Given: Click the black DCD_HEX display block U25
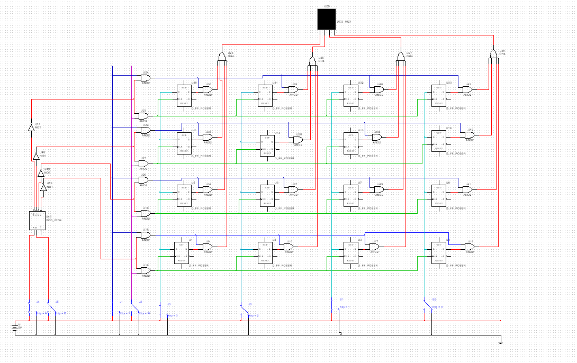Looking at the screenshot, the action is click(x=327, y=20).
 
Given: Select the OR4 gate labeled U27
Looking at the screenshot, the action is click(x=401, y=56).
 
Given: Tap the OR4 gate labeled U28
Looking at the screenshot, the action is click(x=493, y=55).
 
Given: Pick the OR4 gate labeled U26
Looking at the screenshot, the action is click(x=313, y=61).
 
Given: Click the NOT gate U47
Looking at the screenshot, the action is click(x=31, y=127).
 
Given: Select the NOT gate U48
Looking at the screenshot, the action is click(x=36, y=157).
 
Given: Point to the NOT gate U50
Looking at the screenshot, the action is click(x=44, y=187).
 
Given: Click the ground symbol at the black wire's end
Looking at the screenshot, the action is click(x=500, y=341).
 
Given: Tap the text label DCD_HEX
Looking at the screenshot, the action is click(x=344, y=22).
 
